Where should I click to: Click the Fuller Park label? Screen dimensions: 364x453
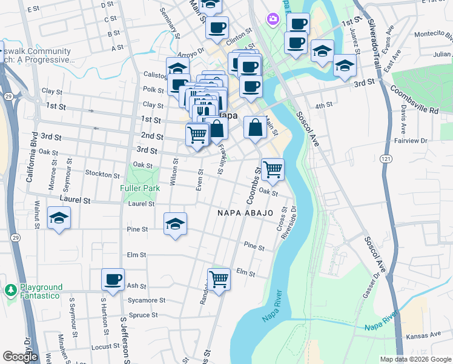point(140,188)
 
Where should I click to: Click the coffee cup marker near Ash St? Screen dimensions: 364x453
point(113,280)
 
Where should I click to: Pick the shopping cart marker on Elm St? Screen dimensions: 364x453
point(219,280)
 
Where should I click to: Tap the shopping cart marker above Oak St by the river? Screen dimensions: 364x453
point(273,169)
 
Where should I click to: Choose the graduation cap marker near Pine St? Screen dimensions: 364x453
point(175,224)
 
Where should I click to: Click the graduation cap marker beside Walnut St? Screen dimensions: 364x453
point(59,218)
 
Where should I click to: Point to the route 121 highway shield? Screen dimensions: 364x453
point(385,158)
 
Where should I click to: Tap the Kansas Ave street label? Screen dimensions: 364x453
point(424,335)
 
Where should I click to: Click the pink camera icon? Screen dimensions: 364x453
point(273,19)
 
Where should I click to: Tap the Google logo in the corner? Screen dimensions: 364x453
point(20,357)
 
